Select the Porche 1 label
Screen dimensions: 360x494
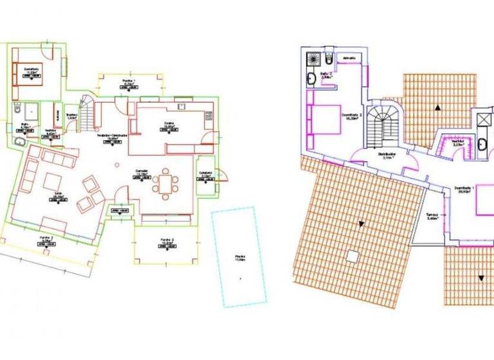pyautogui.click(x=128, y=82)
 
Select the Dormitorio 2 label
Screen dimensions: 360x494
pyautogui.click(x=352, y=116)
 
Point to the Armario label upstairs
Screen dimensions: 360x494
pyautogui.click(x=350, y=59)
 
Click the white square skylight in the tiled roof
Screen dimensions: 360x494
pyautogui.click(x=351, y=256)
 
